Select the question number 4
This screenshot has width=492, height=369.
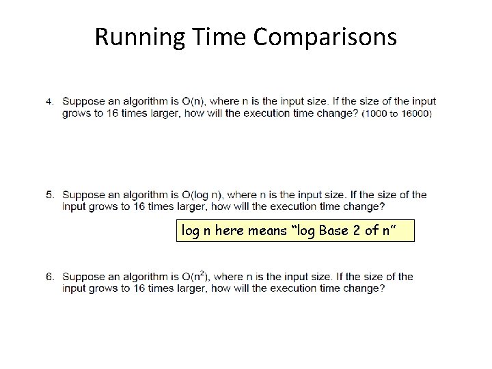pyautogui.click(x=49, y=102)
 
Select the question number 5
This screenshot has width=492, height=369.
pyautogui.click(x=49, y=195)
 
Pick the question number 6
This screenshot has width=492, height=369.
pyautogui.click(x=49, y=277)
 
